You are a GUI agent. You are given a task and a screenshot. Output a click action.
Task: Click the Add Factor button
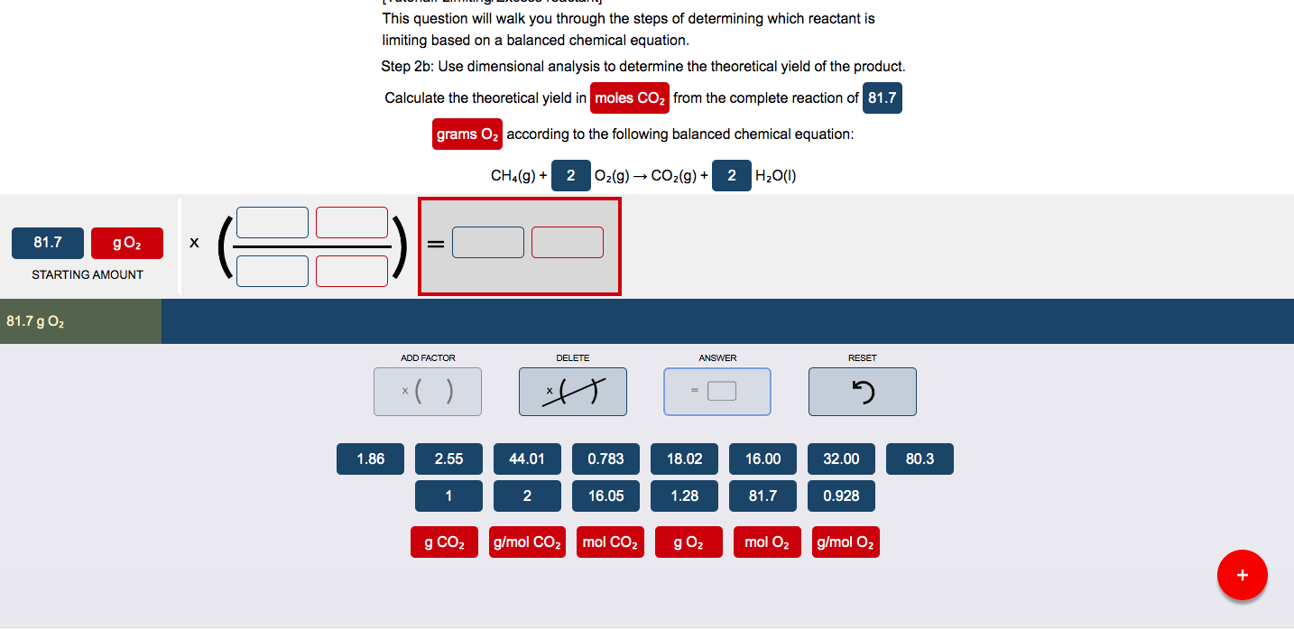click(428, 392)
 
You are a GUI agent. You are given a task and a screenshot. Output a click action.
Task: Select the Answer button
click(717, 392)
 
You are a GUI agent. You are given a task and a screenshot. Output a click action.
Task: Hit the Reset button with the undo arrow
click(862, 392)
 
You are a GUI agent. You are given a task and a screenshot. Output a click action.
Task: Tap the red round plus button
click(1242, 575)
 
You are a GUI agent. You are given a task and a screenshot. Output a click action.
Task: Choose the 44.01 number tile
click(527, 459)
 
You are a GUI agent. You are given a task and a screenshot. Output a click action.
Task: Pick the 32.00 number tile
click(841, 459)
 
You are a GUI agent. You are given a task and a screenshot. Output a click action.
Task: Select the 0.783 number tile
click(605, 459)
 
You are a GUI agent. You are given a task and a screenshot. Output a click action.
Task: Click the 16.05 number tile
click(605, 496)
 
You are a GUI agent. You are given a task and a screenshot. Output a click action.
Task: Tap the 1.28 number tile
click(684, 496)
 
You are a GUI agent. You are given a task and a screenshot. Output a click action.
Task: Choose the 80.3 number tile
click(920, 459)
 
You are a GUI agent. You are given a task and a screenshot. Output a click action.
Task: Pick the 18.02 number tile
click(684, 459)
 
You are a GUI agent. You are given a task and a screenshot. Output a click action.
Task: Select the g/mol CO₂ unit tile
click(527, 542)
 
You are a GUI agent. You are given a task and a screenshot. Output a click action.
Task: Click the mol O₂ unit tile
click(767, 542)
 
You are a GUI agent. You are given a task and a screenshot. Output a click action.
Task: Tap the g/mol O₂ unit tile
click(846, 542)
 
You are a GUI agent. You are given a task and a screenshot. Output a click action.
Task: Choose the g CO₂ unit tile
click(444, 542)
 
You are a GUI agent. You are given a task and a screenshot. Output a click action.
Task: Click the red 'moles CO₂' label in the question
click(630, 98)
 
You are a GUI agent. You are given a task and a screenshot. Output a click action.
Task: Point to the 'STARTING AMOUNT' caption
click(88, 274)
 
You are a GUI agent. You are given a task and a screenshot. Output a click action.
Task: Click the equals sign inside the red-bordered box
click(436, 244)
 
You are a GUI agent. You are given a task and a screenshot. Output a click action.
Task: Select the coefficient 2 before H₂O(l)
click(732, 176)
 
